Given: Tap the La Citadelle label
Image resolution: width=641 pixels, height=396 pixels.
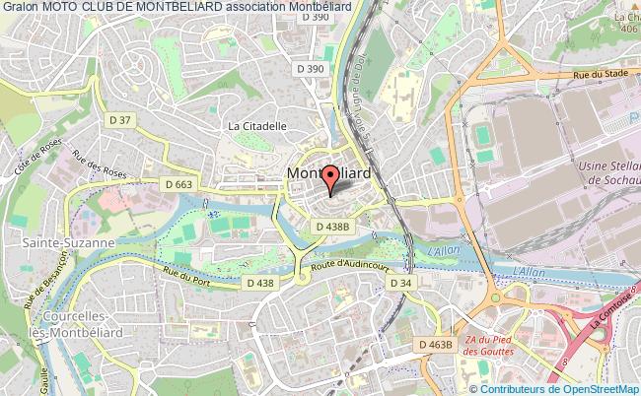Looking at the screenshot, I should [256, 126].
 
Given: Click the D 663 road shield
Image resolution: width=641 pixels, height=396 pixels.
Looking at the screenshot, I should [179, 184].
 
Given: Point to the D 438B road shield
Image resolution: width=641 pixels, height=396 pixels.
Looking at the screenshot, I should [333, 226].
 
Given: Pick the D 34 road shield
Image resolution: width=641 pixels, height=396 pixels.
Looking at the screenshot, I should [399, 283].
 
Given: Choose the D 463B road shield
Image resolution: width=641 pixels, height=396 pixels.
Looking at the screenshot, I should [434, 345].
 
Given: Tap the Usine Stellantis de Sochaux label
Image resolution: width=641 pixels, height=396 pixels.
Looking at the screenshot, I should [611, 174].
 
